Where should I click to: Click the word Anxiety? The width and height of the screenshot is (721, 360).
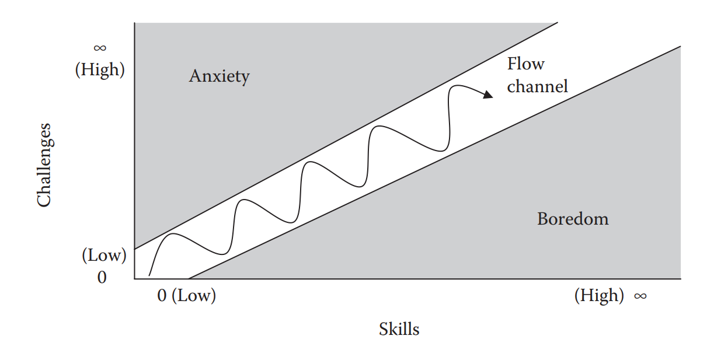click(x=219, y=76)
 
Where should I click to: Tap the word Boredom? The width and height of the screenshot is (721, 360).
click(x=573, y=219)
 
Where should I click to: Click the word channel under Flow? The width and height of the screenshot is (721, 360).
click(x=537, y=86)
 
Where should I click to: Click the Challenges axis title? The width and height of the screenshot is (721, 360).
click(x=44, y=165)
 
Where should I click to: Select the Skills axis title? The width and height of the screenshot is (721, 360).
click(x=399, y=329)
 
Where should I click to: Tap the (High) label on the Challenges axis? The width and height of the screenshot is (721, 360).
click(x=100, y=69)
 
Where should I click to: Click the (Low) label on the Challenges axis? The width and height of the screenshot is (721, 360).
click(x=104, y=255)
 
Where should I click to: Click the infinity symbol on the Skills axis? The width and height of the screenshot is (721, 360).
click(x=640, y=296)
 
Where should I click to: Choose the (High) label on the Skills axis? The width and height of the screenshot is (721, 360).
click(x=598, y=295)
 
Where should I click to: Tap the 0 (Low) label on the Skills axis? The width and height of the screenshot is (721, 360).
click(x=187, y=295)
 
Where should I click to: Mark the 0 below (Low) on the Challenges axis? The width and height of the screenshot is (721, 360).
click(x=102, y=277)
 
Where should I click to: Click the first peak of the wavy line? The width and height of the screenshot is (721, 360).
click(x=173, y=234)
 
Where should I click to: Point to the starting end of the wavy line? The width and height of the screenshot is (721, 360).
click(x=149, y=275)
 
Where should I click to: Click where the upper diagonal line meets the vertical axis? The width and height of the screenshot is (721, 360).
click(x=135, y=249)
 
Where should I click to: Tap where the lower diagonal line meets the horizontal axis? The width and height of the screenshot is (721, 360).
click(x=189, y=279)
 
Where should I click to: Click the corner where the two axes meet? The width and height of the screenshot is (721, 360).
click(x=135, y=279)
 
